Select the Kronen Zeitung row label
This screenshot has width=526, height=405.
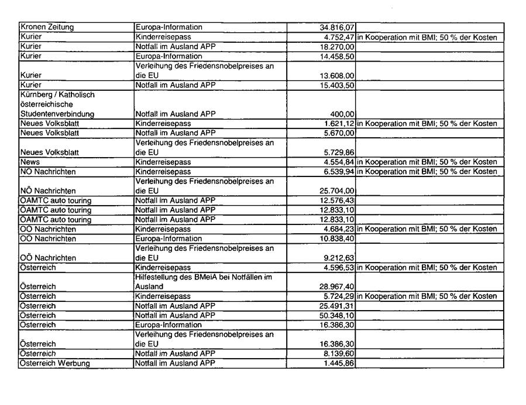point(47,28)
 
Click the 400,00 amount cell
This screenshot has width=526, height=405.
point(343,114)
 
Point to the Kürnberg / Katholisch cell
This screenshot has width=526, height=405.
point(57,95)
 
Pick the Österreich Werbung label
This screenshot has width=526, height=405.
point(55,363)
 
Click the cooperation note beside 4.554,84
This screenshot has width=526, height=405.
point(427,162)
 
